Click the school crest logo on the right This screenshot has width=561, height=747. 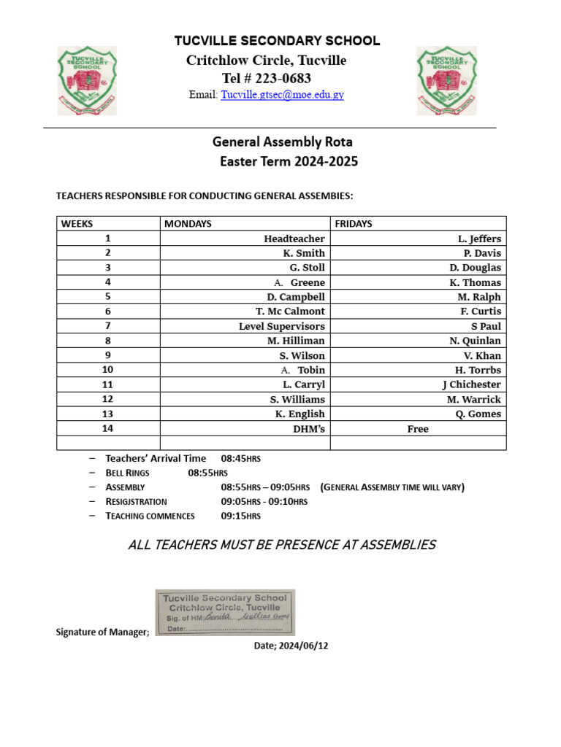(x=446, y=80)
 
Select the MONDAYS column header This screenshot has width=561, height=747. (x=188, y=224)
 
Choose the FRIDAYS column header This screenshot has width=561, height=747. (x=354, y=224)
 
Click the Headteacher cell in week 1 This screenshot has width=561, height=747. (x=294, y=239)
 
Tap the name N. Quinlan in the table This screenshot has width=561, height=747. (x=475, y=341)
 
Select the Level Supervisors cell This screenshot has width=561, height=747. (x=282, y=326)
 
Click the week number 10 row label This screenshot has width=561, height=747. (x=107, y=370)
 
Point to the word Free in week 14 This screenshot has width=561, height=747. (x=418, y=429)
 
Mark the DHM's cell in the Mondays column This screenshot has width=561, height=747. (x=309, y=429)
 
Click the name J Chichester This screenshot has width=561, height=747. (x=471, y=384)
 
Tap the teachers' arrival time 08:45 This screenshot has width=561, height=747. (x=240, y=458)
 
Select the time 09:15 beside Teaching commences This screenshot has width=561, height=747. (x=240, y=516)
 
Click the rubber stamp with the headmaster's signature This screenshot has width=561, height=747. (x=225, y=613)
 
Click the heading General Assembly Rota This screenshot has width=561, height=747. (x=282, y=142)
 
